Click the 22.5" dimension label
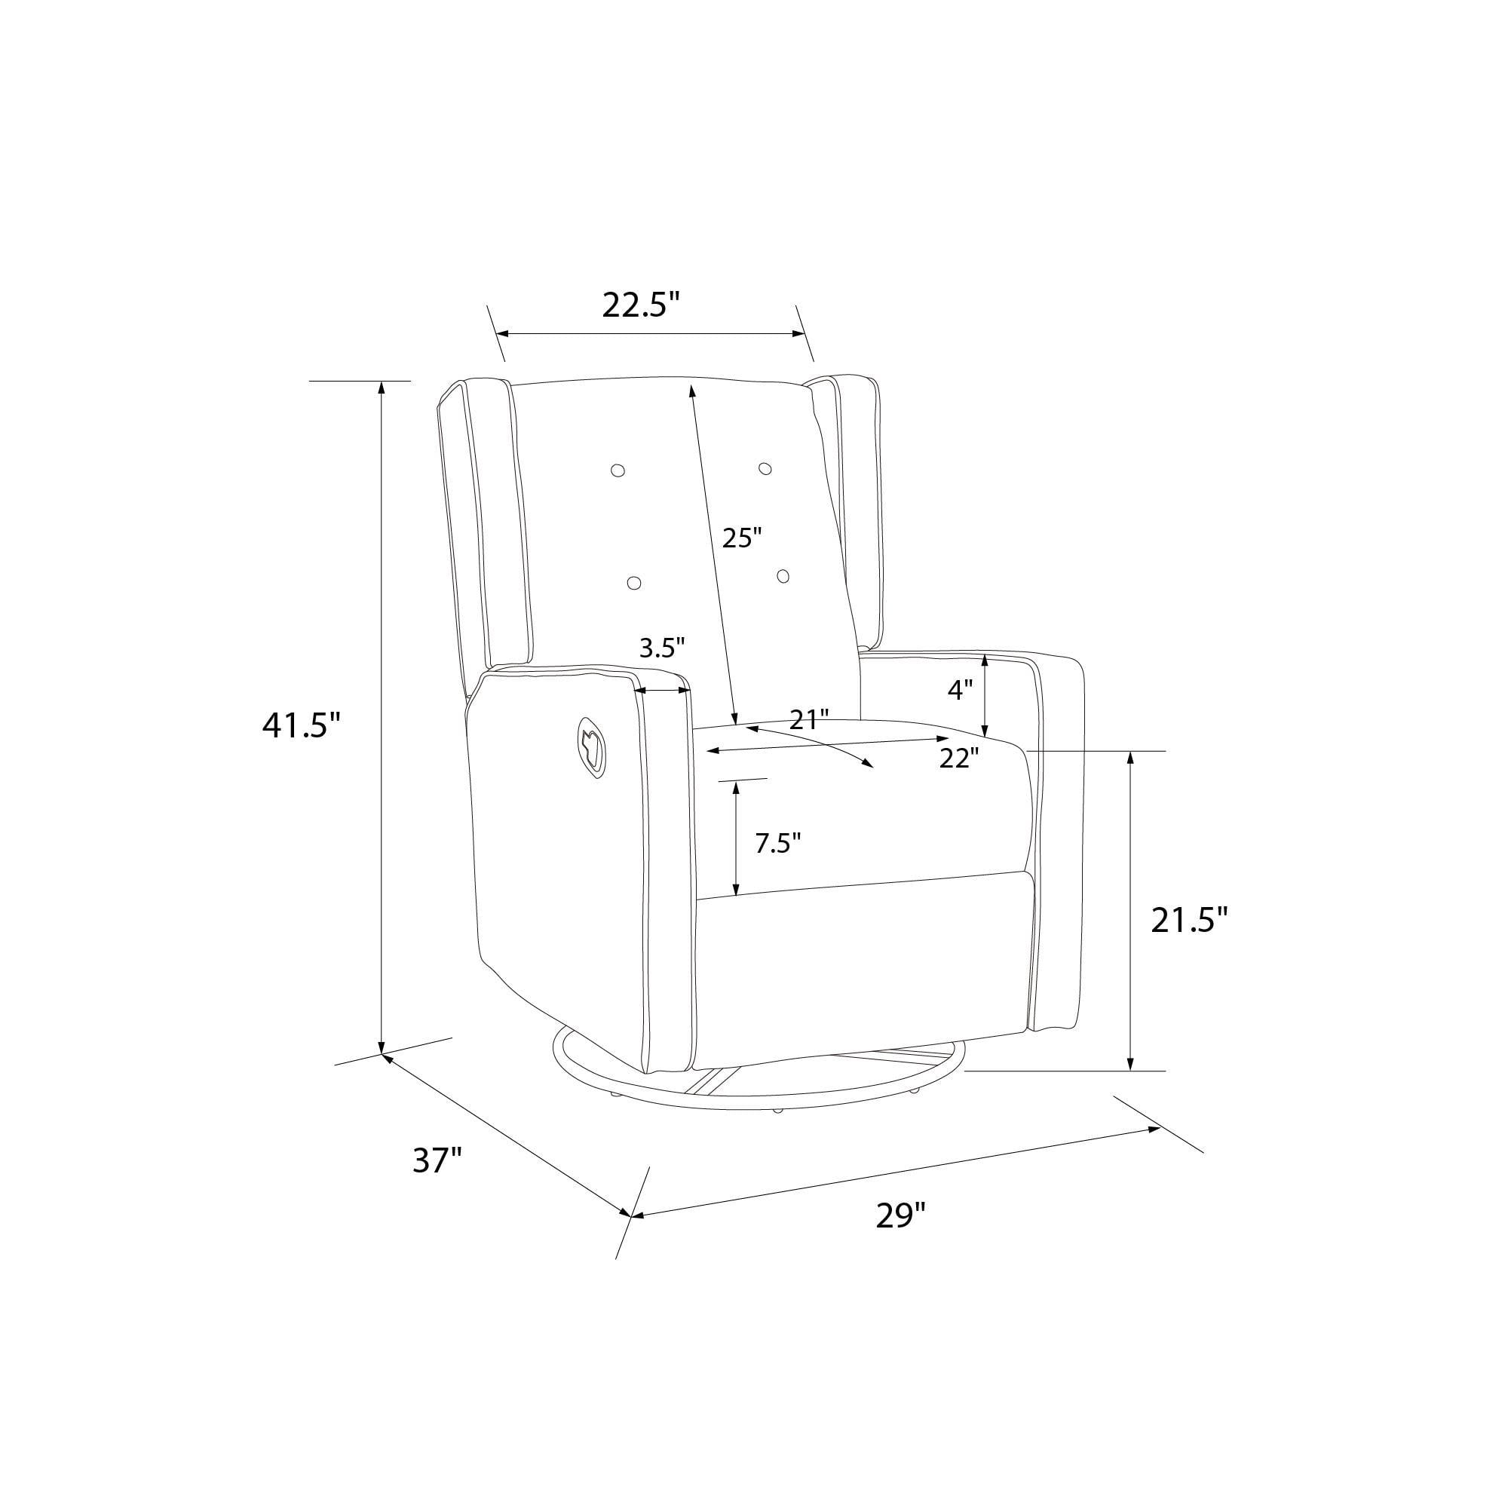click(x=642, y=305)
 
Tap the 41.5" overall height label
click(x=302, y=726)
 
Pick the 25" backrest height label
click(x=741, y=538)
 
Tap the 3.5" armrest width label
click(x=662, y=647)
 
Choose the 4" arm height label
click(x=961, y=689)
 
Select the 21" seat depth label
click(x=808, y=719)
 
